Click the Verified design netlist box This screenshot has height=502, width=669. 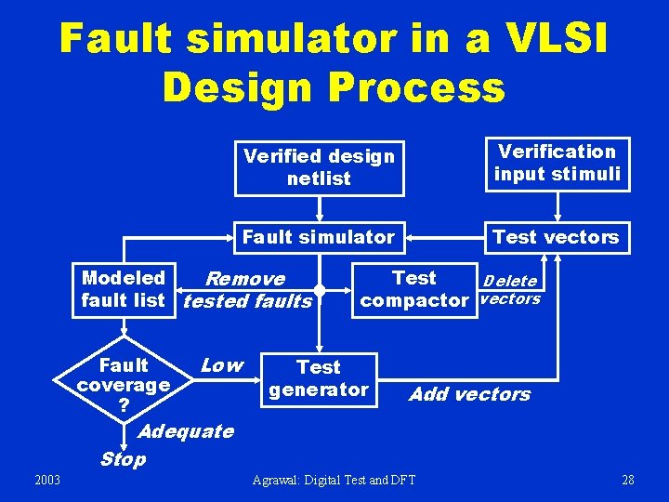click(x=319, y=167)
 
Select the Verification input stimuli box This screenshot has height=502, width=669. click(x=557, y=163)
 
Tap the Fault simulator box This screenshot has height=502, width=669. click(x=319, y=237)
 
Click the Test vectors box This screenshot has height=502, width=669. click(x=556, y=237)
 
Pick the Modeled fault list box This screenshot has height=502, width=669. click(x=124, y=289)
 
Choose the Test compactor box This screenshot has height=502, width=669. click(x=414, y=289)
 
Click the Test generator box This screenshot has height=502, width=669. click(x=319, y=378)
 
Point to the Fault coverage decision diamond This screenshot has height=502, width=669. click(x=124, y=385)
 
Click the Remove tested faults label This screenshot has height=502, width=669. click(x=246, y=290)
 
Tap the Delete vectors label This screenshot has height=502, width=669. click(x=510, y=290)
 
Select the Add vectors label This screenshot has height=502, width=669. click(x=470, y=394)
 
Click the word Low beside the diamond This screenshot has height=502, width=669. click(x=222, y=365)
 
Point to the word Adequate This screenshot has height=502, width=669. click(x=186, y=430)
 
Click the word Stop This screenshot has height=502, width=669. click(x=123, y=458)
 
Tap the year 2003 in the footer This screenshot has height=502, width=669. click(x=47, y=480)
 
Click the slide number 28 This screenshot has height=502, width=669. click(x=628, y=480)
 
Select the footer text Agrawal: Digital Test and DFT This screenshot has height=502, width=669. click(x=334, y=480)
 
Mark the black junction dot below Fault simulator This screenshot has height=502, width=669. click(x=320, y=291)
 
